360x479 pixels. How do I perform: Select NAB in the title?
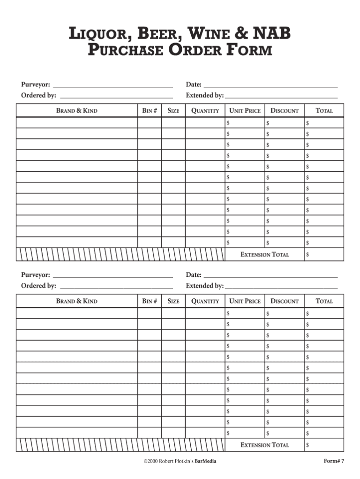[272, 34]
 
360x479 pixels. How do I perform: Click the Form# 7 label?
[334, 461]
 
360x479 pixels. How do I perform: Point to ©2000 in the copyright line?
[151, 461]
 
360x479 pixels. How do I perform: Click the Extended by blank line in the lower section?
[281, 287]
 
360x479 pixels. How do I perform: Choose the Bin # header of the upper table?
[149, 111]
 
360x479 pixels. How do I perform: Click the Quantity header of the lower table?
[205, 301]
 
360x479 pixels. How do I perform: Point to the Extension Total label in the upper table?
[264, 255]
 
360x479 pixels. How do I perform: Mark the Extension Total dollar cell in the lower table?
[324, 445]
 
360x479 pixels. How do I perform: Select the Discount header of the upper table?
[284, 111]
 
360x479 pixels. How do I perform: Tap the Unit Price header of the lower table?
[245, 301]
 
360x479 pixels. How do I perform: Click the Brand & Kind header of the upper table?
[77, 111]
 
